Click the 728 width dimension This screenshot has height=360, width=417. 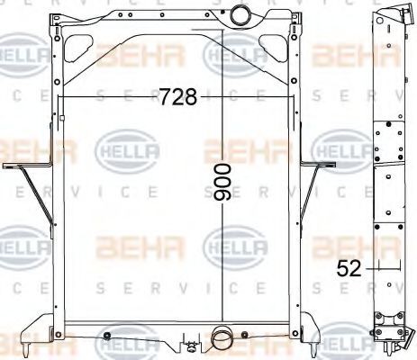pos(177,97)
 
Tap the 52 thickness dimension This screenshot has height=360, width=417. pos(349,266)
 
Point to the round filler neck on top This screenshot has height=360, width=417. pos(242,16)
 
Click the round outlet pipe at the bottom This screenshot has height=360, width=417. pos(221,340)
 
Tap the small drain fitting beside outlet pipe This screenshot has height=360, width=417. pos(190,343)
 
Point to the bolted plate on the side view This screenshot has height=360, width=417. pos(388,144)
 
